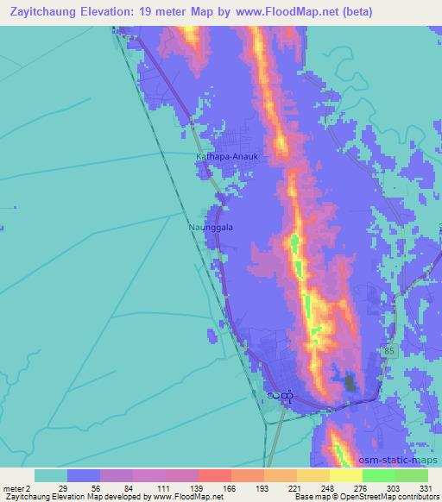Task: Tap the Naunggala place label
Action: [211, 228]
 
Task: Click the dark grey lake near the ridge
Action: [350, 381]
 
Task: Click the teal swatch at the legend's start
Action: [51, 475]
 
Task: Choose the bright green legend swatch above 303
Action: [378, 475]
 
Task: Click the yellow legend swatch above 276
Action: [345, 475]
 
